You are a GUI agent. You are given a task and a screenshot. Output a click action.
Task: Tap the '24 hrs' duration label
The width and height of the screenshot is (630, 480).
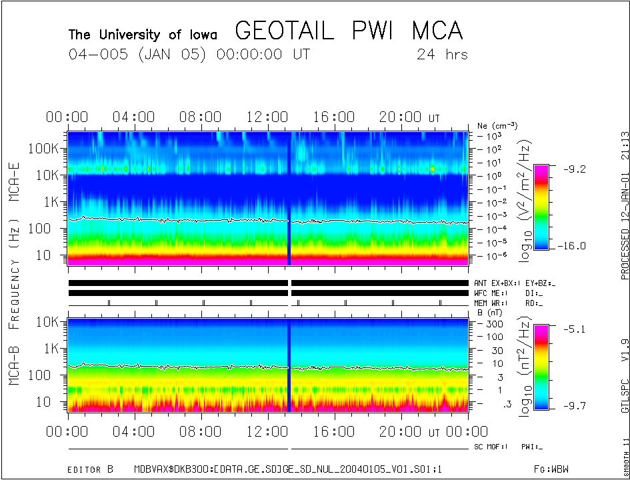coord(442,55)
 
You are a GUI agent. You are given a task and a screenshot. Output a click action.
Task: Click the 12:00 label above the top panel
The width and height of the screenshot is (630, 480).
coord(267,117)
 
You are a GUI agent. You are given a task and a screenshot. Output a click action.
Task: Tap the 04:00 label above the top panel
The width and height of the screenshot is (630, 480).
coord(134,117)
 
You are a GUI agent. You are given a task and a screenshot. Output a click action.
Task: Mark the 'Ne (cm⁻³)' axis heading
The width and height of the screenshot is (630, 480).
coord(497,125)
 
